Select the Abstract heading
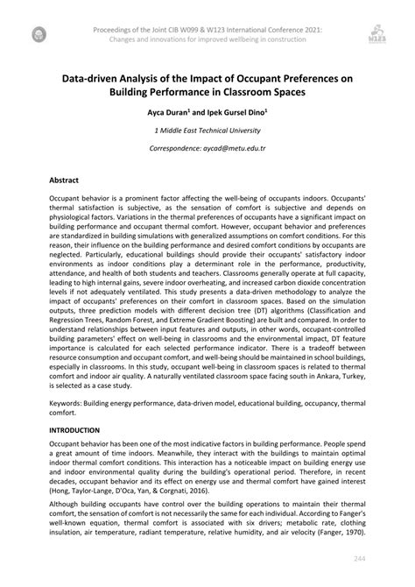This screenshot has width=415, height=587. click(65, 177)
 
